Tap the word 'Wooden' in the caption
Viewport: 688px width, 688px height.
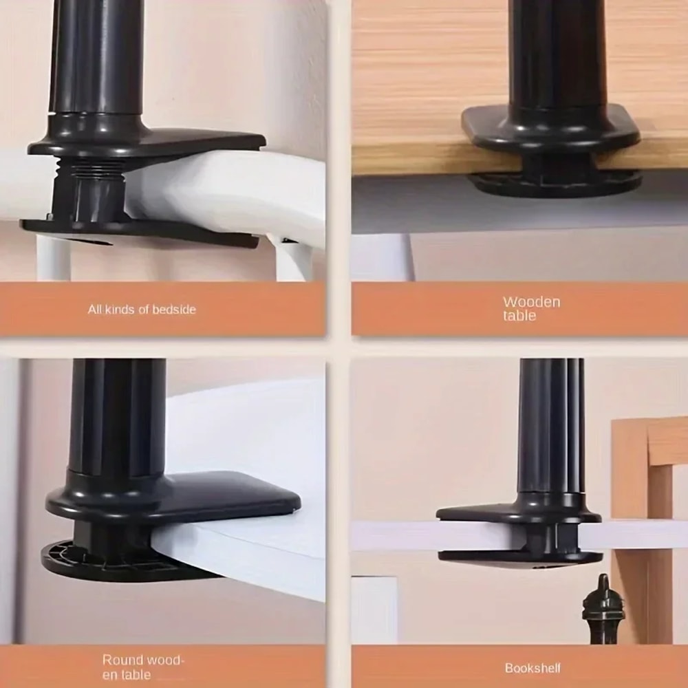[x=531, y=302]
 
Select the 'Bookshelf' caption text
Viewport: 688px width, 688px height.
[x=533, y=668]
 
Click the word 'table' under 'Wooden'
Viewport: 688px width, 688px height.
[x=519, y=316]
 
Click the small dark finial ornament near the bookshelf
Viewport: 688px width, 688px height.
[x=603, y=605]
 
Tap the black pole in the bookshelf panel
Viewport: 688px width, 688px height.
[x=550, y=427]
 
